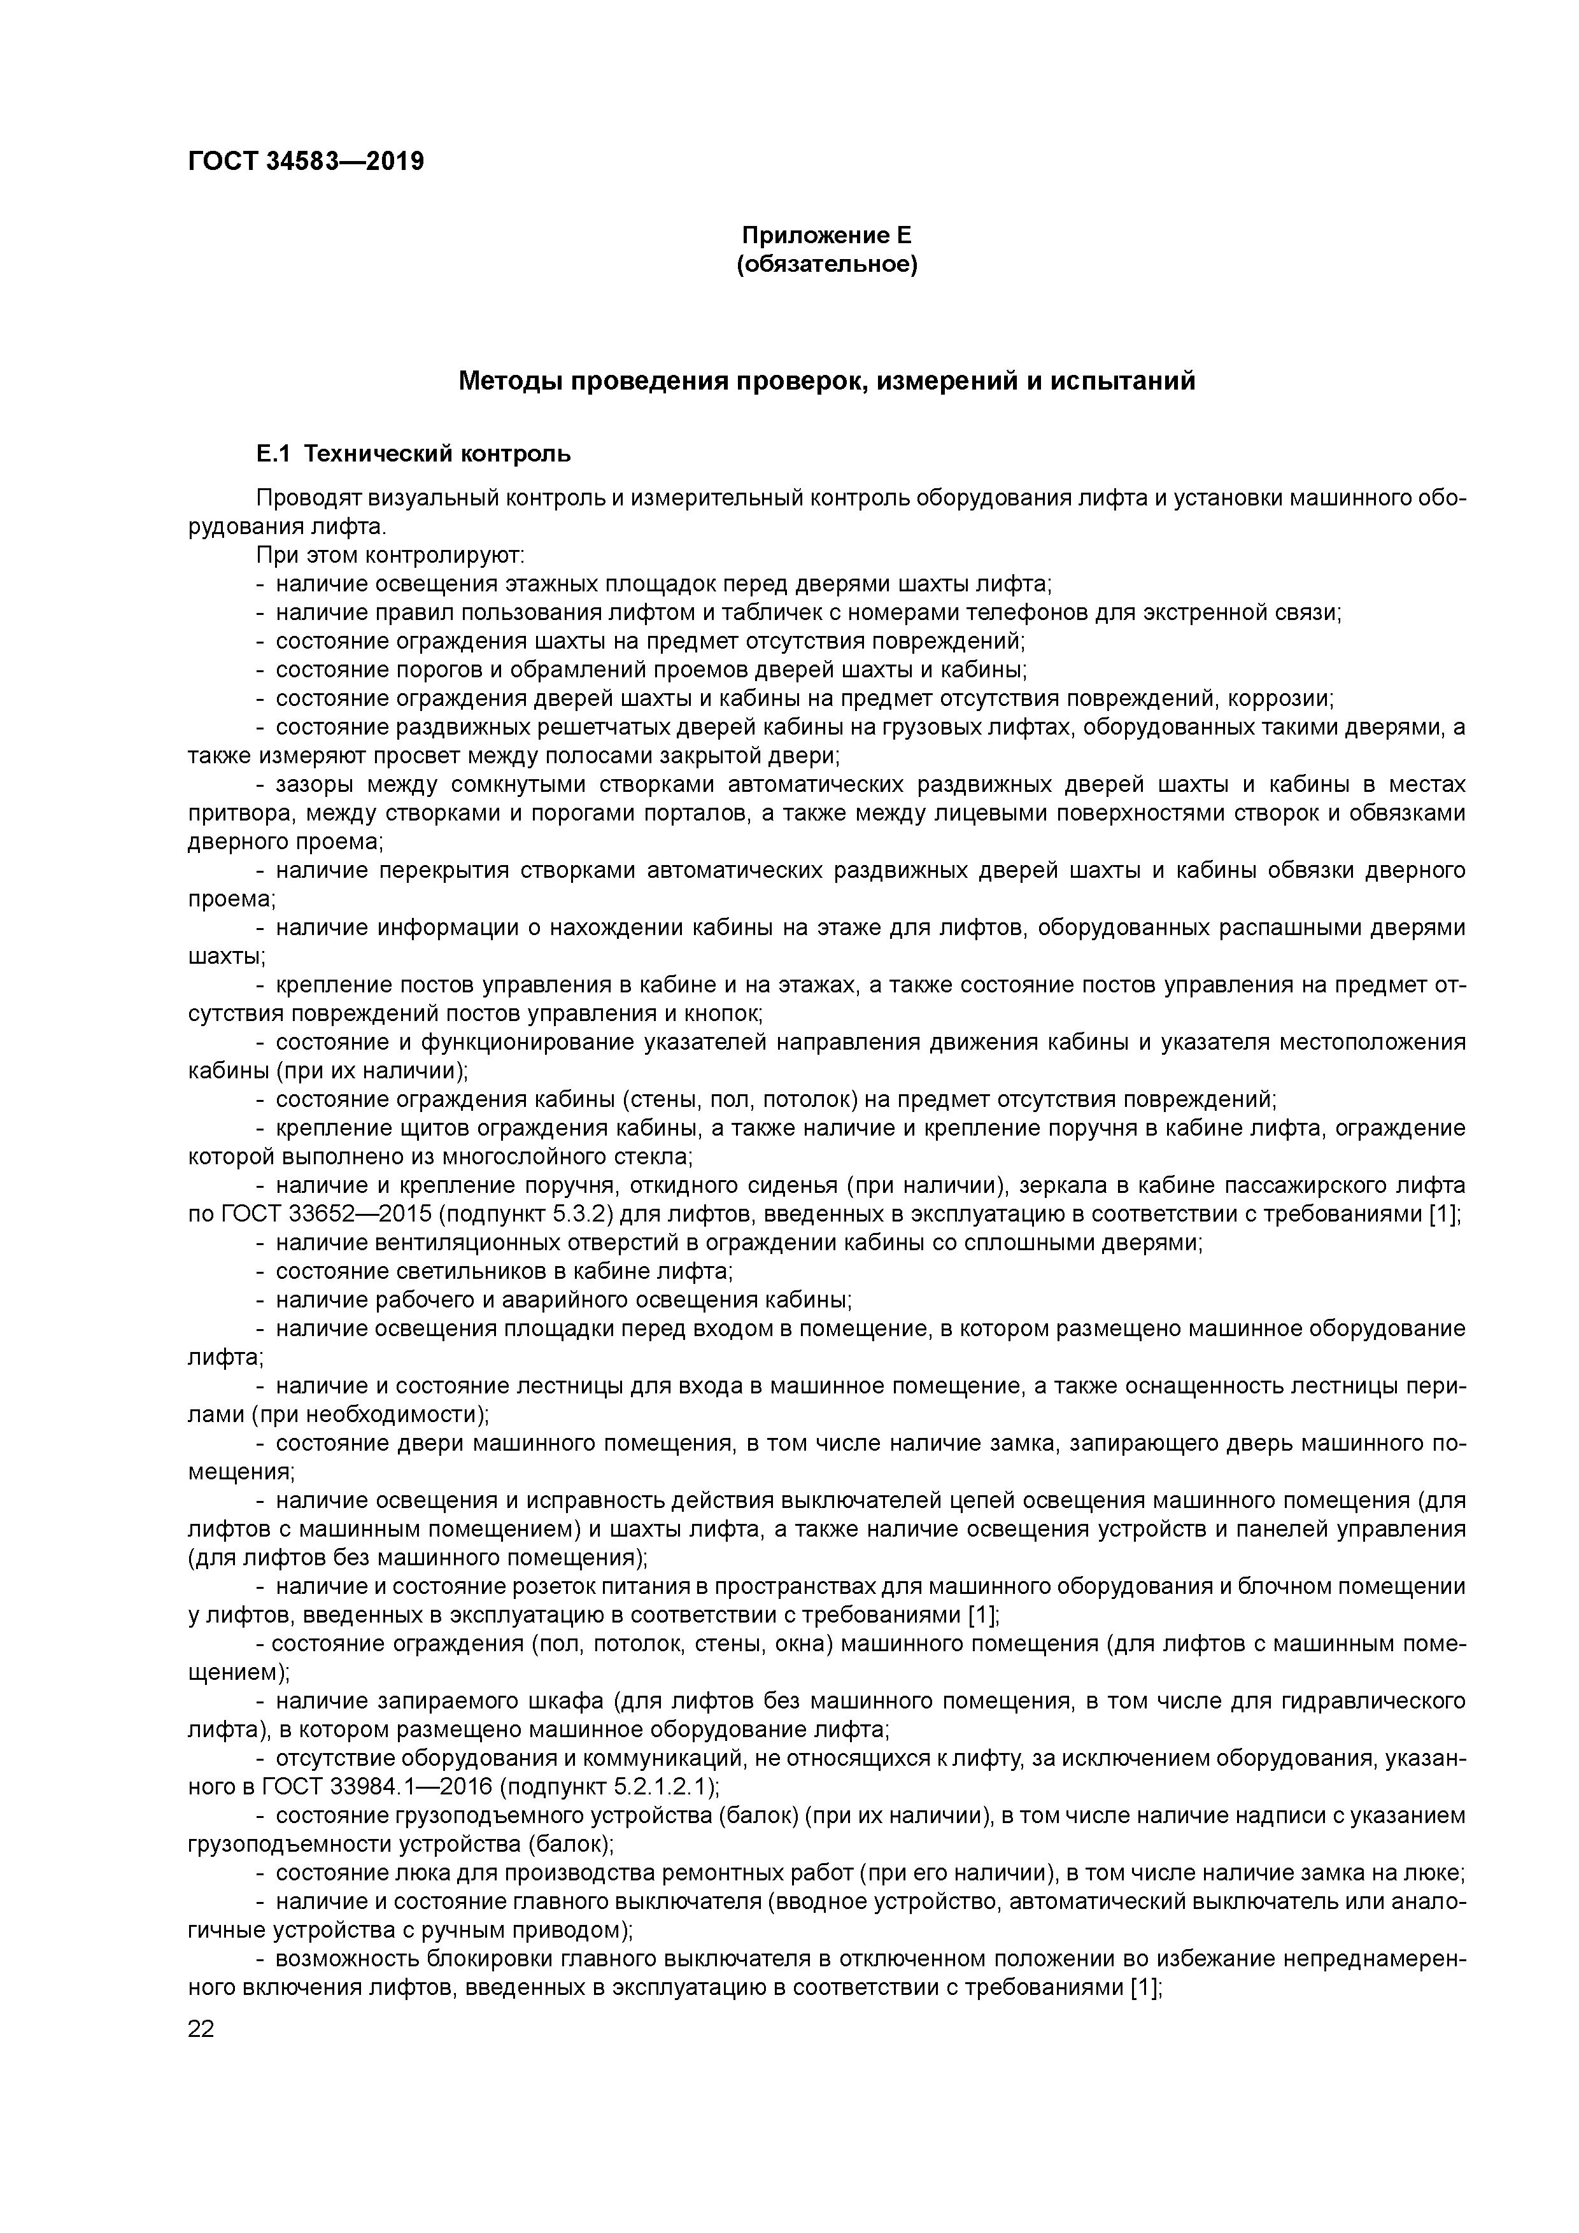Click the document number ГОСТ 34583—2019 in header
point(306,162)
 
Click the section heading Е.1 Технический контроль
point(413,454)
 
